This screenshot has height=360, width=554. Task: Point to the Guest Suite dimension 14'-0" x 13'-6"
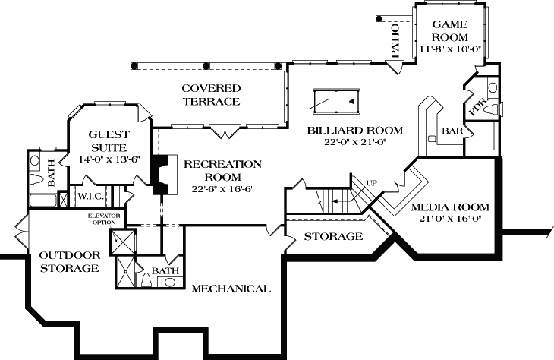coord(105,159)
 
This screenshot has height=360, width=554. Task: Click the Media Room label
coord(449,207)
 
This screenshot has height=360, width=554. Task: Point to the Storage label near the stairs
coord(333,237)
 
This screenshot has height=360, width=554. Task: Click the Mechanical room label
coord(231,289)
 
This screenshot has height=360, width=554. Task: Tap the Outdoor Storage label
coord(69,262)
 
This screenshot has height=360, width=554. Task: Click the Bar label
coord(452,131)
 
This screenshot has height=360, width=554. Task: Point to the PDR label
coord(477,108)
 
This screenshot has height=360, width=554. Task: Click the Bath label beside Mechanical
coord(165,270)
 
